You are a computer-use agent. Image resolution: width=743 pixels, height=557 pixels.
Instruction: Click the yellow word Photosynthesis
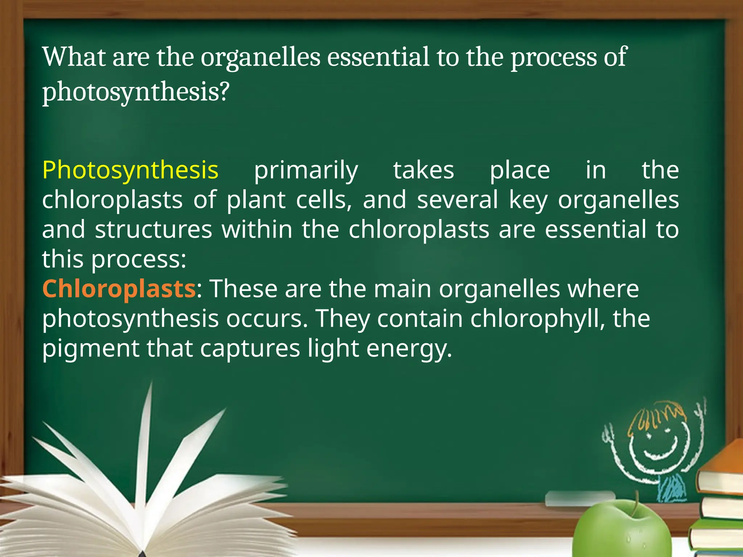point(130,170)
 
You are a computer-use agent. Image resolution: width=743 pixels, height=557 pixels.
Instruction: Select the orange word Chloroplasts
point(119,289)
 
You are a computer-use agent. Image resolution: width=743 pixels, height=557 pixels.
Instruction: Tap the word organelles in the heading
point(260,57)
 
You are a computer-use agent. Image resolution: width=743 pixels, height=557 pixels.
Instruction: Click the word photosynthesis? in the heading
point(136,92)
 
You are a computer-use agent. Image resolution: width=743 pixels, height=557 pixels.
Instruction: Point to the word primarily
point(306,170)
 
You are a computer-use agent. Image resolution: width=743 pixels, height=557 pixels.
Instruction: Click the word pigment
point(90,348)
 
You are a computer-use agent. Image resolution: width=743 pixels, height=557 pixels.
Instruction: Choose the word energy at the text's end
point(409,348)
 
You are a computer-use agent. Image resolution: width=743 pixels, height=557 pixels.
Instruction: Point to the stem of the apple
point(636,502)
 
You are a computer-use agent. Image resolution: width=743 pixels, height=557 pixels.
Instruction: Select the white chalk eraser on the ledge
point(580,499)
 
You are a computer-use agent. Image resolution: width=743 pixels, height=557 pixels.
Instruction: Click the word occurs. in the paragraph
point(267,319)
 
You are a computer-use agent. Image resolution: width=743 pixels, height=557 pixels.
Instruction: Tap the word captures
point(250,348)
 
